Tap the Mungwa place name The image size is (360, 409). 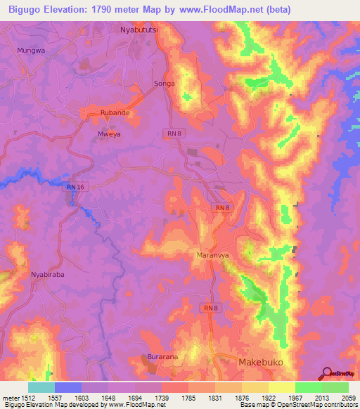[31, 51]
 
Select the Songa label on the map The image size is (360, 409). [164, 84]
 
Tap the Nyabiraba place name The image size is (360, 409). [47, 275]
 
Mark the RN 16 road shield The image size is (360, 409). [75, 186]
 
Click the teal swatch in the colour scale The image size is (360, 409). [41, 387]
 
